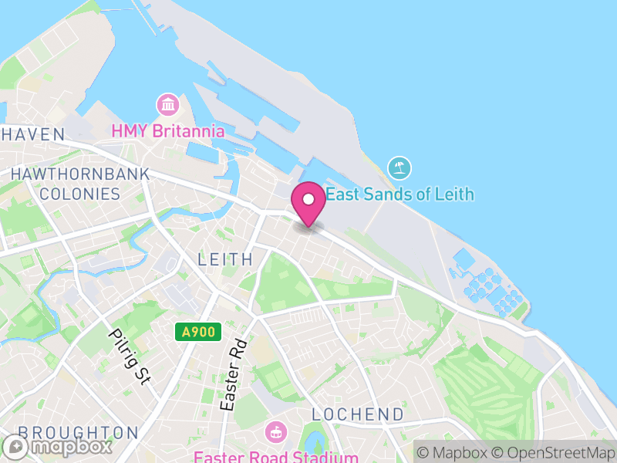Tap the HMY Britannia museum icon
point(167,105)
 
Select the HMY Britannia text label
point(168,131)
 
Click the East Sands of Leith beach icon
point(400,167)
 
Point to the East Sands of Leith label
point(400,194)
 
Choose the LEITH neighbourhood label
point(225,259)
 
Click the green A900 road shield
point(198,333)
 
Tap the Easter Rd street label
point(234,374)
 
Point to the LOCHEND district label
point(358,414)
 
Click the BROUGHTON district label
point(78,432)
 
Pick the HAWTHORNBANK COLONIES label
point(79,184)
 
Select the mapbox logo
point(58,446)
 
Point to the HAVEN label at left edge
point(32,134)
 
